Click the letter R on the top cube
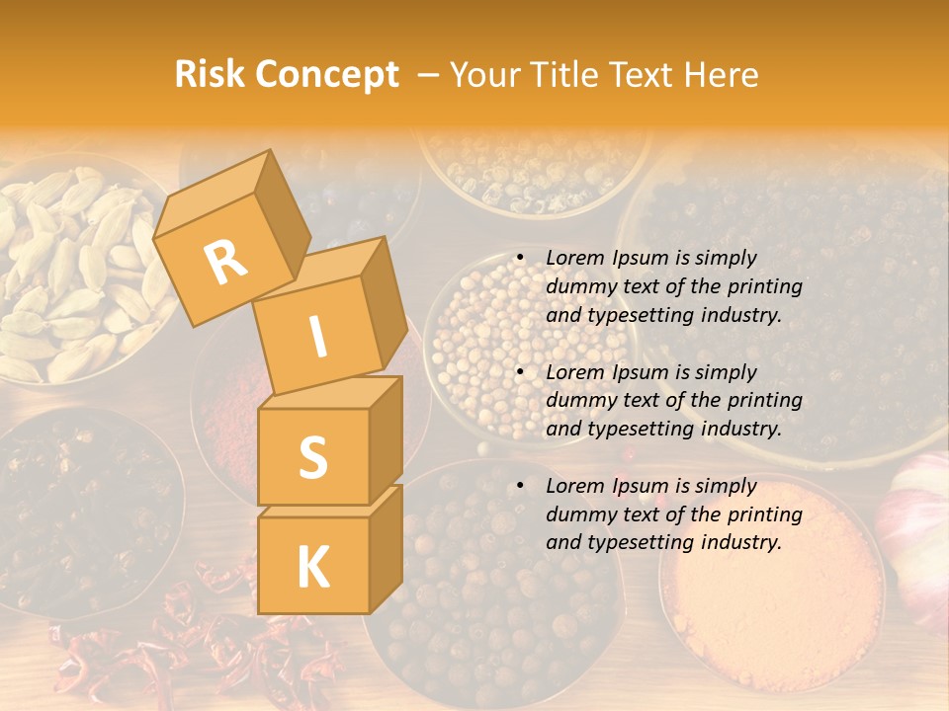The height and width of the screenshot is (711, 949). pos(225,262)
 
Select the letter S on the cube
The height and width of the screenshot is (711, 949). pos(312,456)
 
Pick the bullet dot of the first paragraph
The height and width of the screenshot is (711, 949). pos(520,258)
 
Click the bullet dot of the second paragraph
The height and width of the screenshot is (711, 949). pos(520,372)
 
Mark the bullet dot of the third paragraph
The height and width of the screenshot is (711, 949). pos(520,486)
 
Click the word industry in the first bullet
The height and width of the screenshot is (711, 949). pos(740,316)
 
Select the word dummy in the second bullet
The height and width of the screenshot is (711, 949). pos(578,401)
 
